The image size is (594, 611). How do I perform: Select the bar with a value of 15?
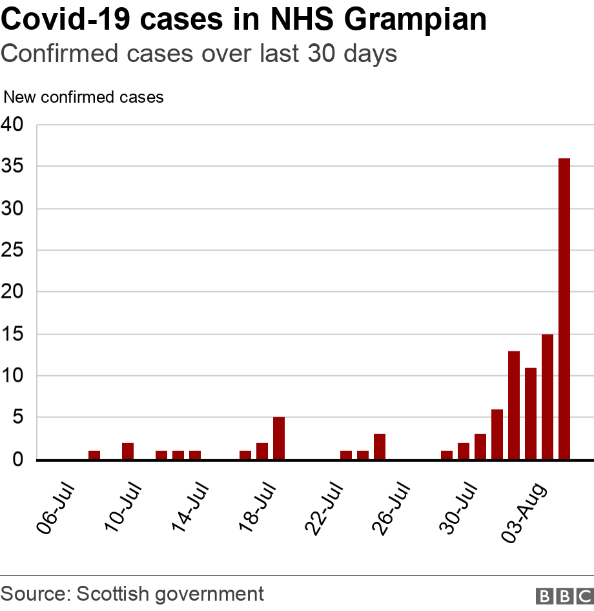coord(548,397)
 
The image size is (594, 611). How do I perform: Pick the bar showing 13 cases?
coord(514,405)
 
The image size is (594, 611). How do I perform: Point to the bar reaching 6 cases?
coord(497,435)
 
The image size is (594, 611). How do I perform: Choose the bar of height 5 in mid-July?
coord(279,439)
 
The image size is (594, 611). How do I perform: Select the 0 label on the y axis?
coord(18,460)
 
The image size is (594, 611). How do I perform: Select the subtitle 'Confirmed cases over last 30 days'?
coord(199,54)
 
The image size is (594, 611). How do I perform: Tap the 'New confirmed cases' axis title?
coord(84,98)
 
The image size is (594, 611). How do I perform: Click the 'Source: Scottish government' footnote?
coord(132,594)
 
